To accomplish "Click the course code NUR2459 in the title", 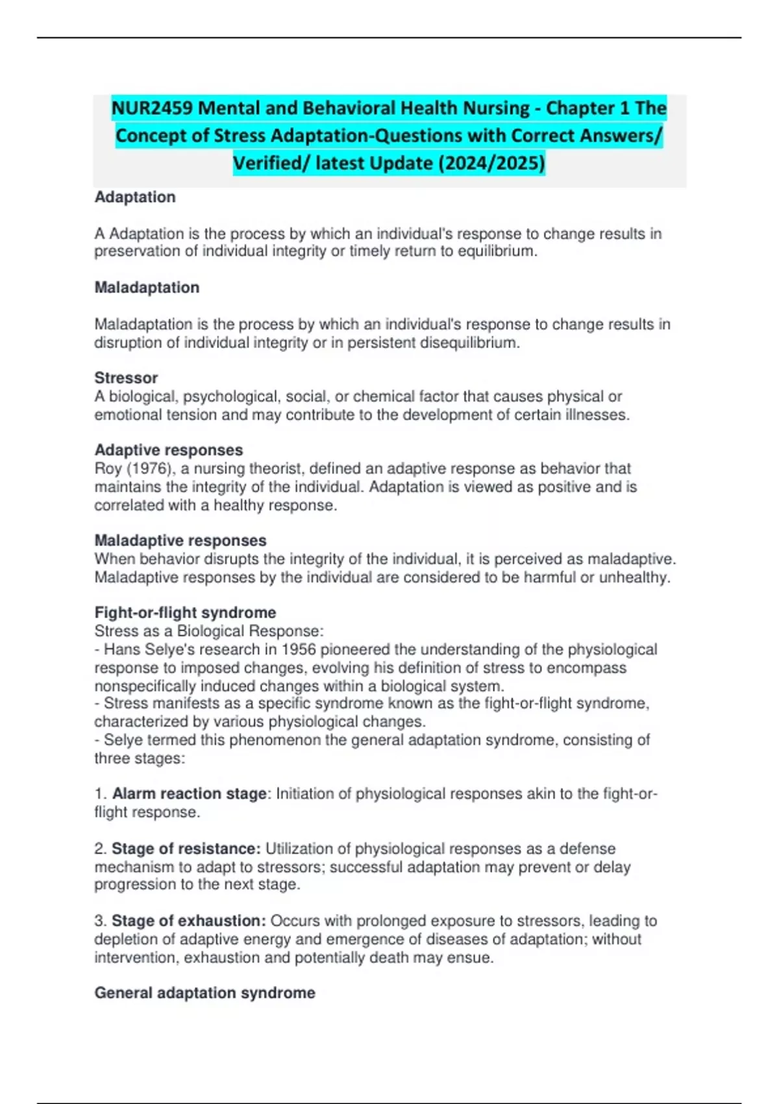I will [x=152, y=108].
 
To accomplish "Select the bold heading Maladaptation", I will [x=147, y=288].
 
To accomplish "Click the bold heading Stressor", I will [x=126, y=378].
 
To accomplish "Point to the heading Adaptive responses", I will [x=169, y=450].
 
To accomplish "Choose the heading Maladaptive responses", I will [x=180, y=540].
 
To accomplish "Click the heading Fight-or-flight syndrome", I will [x=185, y=612].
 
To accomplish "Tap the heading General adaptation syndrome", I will [x=204, y=993].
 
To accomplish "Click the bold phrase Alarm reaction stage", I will [x=189, y=794].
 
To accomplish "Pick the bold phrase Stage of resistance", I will [x=186, y=849].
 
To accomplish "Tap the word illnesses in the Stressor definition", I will [x=594, y=415].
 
